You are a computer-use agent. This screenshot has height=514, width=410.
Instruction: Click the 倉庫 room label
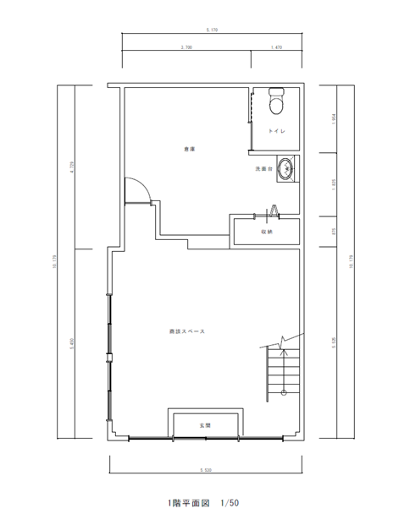click(189, 149)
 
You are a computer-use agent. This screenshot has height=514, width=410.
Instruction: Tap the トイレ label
click(276, 132)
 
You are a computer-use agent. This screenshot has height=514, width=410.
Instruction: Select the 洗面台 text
click(264, 169)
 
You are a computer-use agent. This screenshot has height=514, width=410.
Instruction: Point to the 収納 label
click(265, 231)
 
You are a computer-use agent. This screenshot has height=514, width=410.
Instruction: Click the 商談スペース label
click(187, 331)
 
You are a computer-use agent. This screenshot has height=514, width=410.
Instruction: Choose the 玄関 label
click(204, 424)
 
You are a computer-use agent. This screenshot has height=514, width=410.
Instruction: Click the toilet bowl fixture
click(274, 102)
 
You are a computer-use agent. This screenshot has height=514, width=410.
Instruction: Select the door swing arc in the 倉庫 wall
click(137, 191)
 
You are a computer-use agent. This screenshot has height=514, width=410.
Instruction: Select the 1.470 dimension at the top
click(276, 47)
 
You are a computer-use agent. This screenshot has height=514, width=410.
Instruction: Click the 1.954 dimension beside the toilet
click(334, 119)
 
